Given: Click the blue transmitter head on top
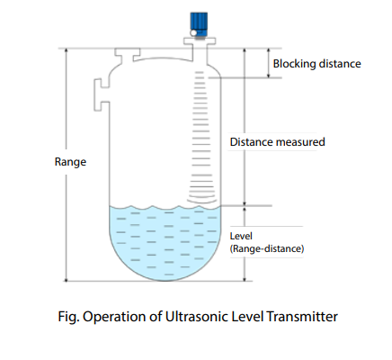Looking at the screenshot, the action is [x=199, y=24].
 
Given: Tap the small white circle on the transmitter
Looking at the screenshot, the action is [x=193, y=33].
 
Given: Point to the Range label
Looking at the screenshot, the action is [x=70, y=162].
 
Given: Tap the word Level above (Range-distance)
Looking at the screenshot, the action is [x=241, y=236].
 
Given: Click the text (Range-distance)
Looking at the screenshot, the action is [x=267, y=248].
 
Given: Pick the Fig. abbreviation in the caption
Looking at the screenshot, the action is [x=68, y=317].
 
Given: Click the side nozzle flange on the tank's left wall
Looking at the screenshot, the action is [x=97, y=94].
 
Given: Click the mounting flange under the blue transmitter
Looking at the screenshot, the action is [x=200, y=41].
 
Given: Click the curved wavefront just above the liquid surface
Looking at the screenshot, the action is [x=201, y=200].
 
